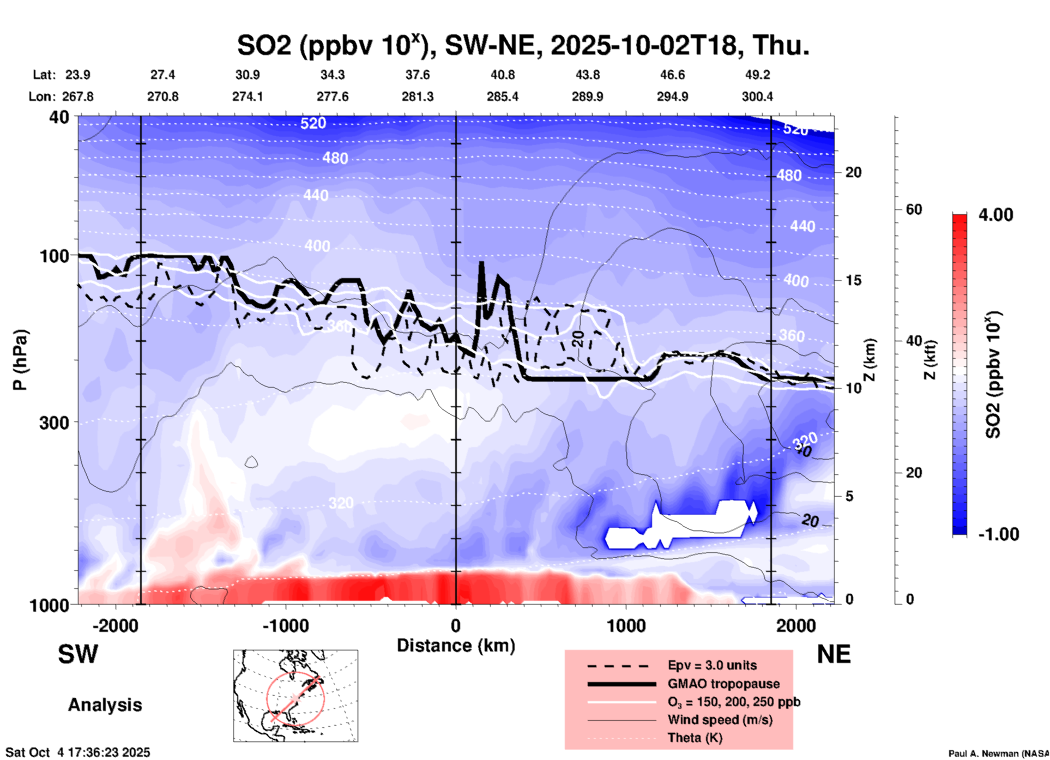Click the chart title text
coord(523,45)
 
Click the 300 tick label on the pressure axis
coord(55,423)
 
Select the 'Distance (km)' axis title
coord(456,646)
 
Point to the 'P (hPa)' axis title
coord(20,360)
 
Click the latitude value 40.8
coord(502,75)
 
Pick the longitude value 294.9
coord(672,96)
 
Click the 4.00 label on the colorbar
coord(995,215)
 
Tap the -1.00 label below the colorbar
coord(998,534)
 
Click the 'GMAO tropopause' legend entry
coord(723,684)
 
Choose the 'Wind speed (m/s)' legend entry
coord(720,720)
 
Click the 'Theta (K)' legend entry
coord(695,738)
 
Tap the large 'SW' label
coord(78,654)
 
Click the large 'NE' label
coord(834,654)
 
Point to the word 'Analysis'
coord(105,705)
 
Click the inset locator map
coord(295,696)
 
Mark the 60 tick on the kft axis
coord(914,209)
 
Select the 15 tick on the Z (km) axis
coord(853,280)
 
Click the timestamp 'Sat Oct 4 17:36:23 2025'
coord(77,752)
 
